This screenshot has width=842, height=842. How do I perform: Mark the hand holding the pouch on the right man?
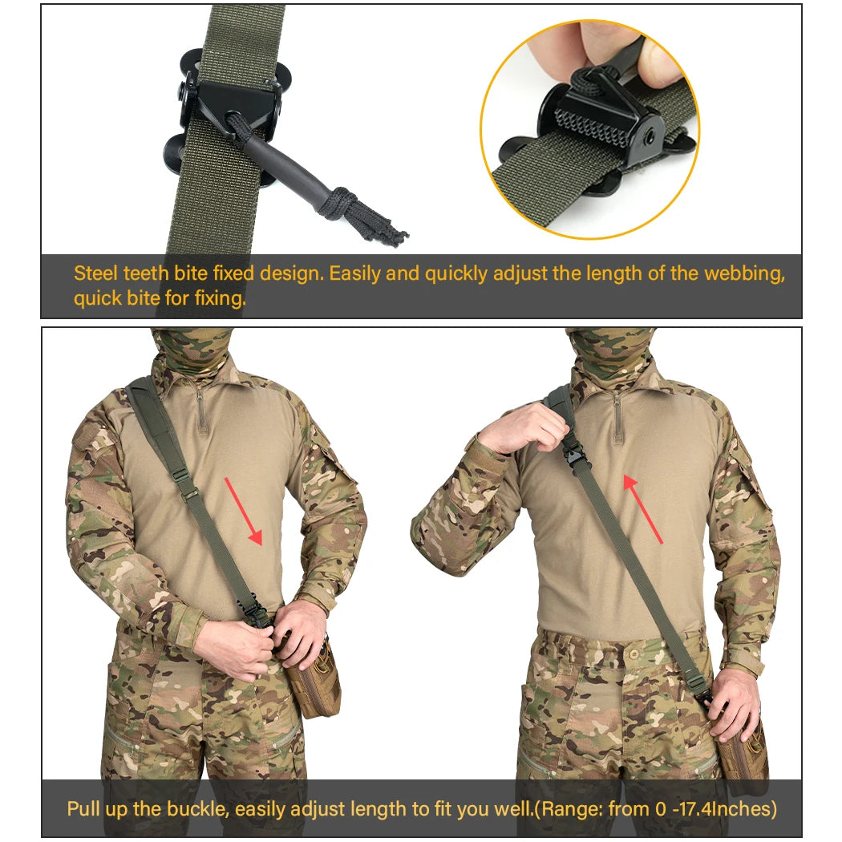734,702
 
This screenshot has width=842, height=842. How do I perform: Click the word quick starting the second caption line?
95,299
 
